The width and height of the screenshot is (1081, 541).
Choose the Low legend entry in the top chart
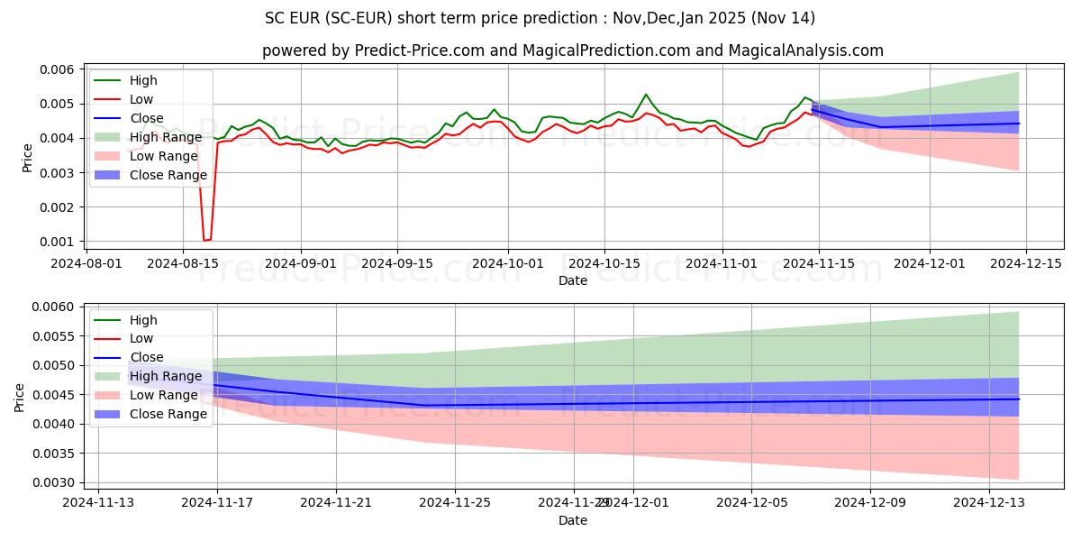(x=141, y=99)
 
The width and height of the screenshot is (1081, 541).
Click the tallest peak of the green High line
(x=646, y=94)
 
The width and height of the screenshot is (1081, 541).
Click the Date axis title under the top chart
(x=573, y=280)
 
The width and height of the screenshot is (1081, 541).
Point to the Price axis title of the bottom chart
(x=20, y=396)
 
